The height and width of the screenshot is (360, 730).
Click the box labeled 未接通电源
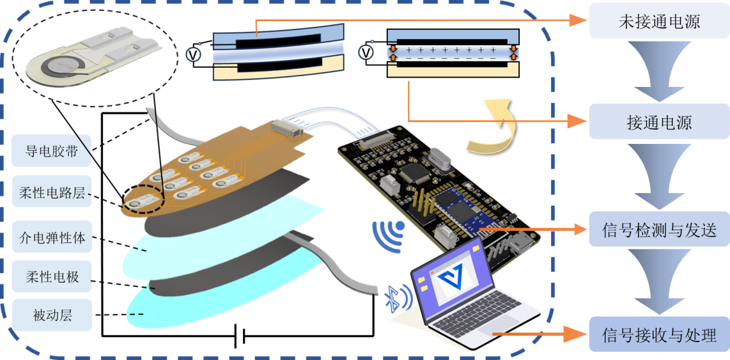(658, 22)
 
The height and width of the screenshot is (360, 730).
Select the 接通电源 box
(658, 121)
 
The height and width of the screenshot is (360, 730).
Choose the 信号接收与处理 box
(658, 334)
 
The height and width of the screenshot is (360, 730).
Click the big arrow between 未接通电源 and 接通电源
(658, 70)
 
